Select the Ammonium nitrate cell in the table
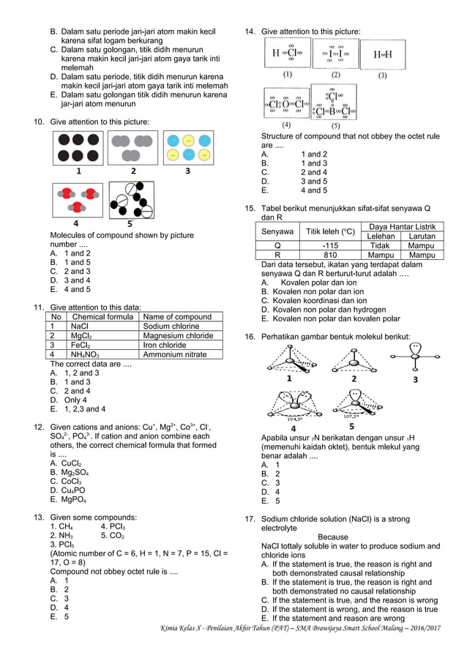pyautogui.click(x=175, y=354)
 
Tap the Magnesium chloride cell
pyautogui.click(x=179, y=336)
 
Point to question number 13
pyautogui.click(x=40, y=518)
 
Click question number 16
pyautogui.click(x=250, y=336)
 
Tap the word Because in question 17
pyautogui.click(x=333, y=537)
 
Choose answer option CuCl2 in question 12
pyautogui.click(x=70, y=463)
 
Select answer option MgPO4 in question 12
pyautogui.click(x=72, y=500)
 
